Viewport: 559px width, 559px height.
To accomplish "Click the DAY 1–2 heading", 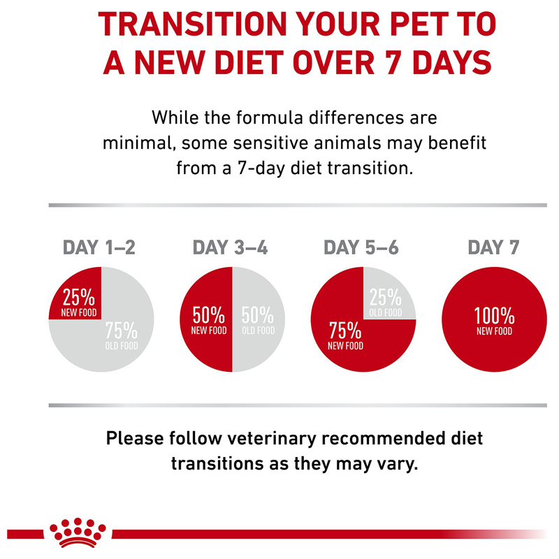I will (x=99, y=247).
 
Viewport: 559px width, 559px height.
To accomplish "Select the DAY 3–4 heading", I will (x=230, y=247).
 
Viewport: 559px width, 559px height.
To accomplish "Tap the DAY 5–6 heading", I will (x=361, y=247).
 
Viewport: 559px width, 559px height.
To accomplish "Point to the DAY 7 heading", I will (x=494, y=247).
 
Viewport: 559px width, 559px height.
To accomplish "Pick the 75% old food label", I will (x=122, y=335).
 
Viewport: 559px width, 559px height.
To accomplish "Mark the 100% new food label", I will (x=495, y=320).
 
